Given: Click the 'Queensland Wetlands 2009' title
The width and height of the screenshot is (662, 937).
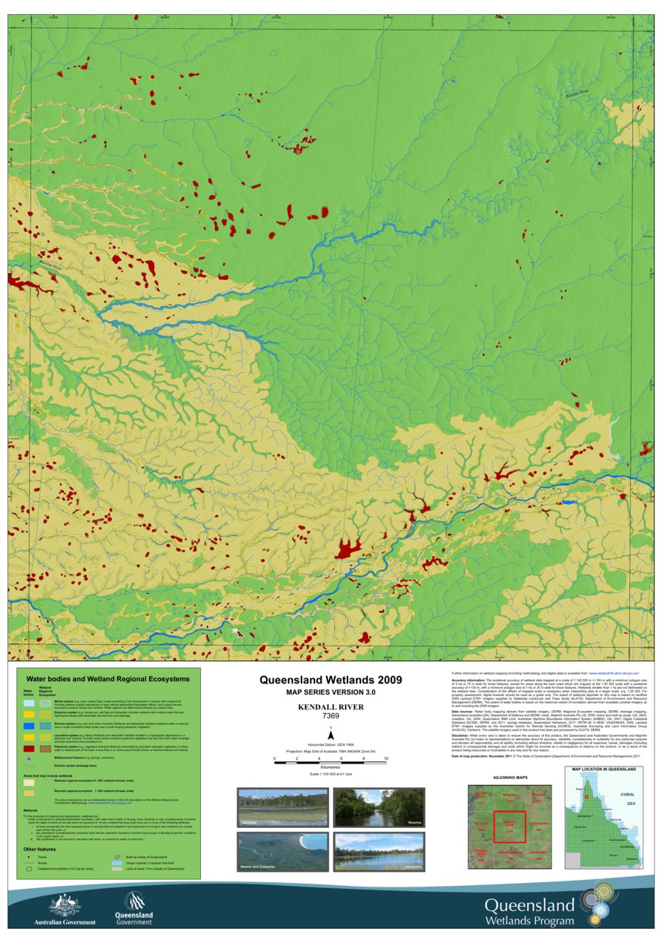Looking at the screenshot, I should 330,679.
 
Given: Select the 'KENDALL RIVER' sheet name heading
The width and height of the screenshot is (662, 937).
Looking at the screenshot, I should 330,707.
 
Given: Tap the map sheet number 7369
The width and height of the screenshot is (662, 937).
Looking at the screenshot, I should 330,716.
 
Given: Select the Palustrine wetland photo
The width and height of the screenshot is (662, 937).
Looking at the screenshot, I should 282,807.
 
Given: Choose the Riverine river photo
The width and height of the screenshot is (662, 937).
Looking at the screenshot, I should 378,807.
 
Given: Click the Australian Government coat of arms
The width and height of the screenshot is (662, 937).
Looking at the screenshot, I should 64,905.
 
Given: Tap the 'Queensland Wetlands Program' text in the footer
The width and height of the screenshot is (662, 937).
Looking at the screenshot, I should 529,913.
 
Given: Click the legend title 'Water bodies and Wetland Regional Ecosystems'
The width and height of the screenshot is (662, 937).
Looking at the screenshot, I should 107,678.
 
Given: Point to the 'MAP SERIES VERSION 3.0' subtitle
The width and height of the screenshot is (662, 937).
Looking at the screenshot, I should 330,692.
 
